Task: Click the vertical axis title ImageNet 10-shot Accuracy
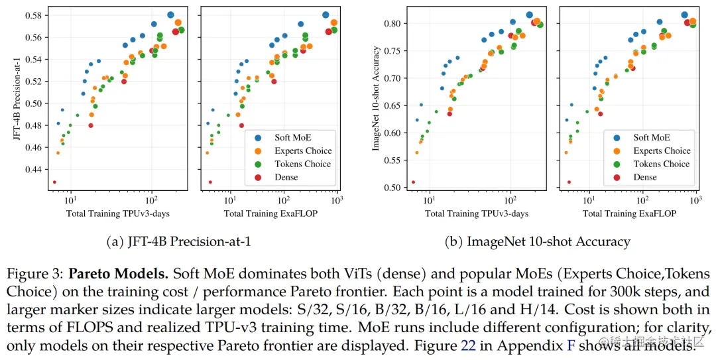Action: point(376,99)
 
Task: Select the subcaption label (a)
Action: point(113,242)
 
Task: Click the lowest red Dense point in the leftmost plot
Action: point(54,182)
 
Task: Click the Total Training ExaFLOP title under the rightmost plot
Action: point(629,214)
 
